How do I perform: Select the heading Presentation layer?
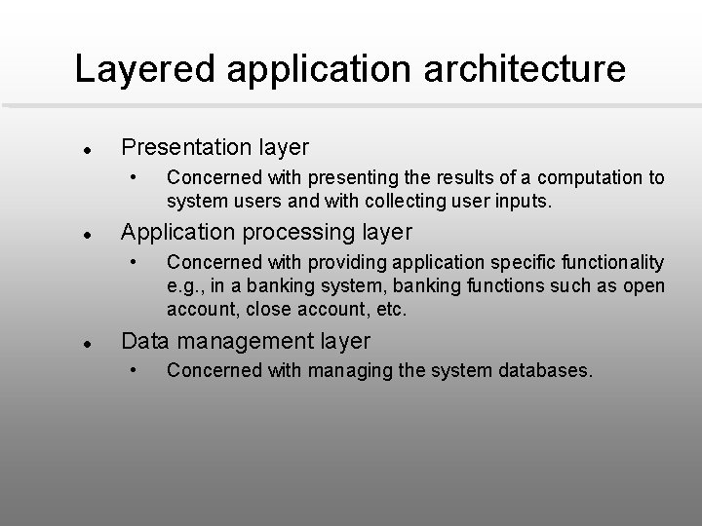point(214,148)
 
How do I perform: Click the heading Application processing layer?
point(265,233)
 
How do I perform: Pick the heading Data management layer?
point(245,341)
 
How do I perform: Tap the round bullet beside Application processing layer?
point(87,236)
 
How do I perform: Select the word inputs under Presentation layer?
point(525,203)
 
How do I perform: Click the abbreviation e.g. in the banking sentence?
point(185,286)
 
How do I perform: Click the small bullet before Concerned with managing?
point(135,369)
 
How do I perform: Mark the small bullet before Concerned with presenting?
point(135,176)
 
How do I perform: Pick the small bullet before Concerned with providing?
point(135,261)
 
